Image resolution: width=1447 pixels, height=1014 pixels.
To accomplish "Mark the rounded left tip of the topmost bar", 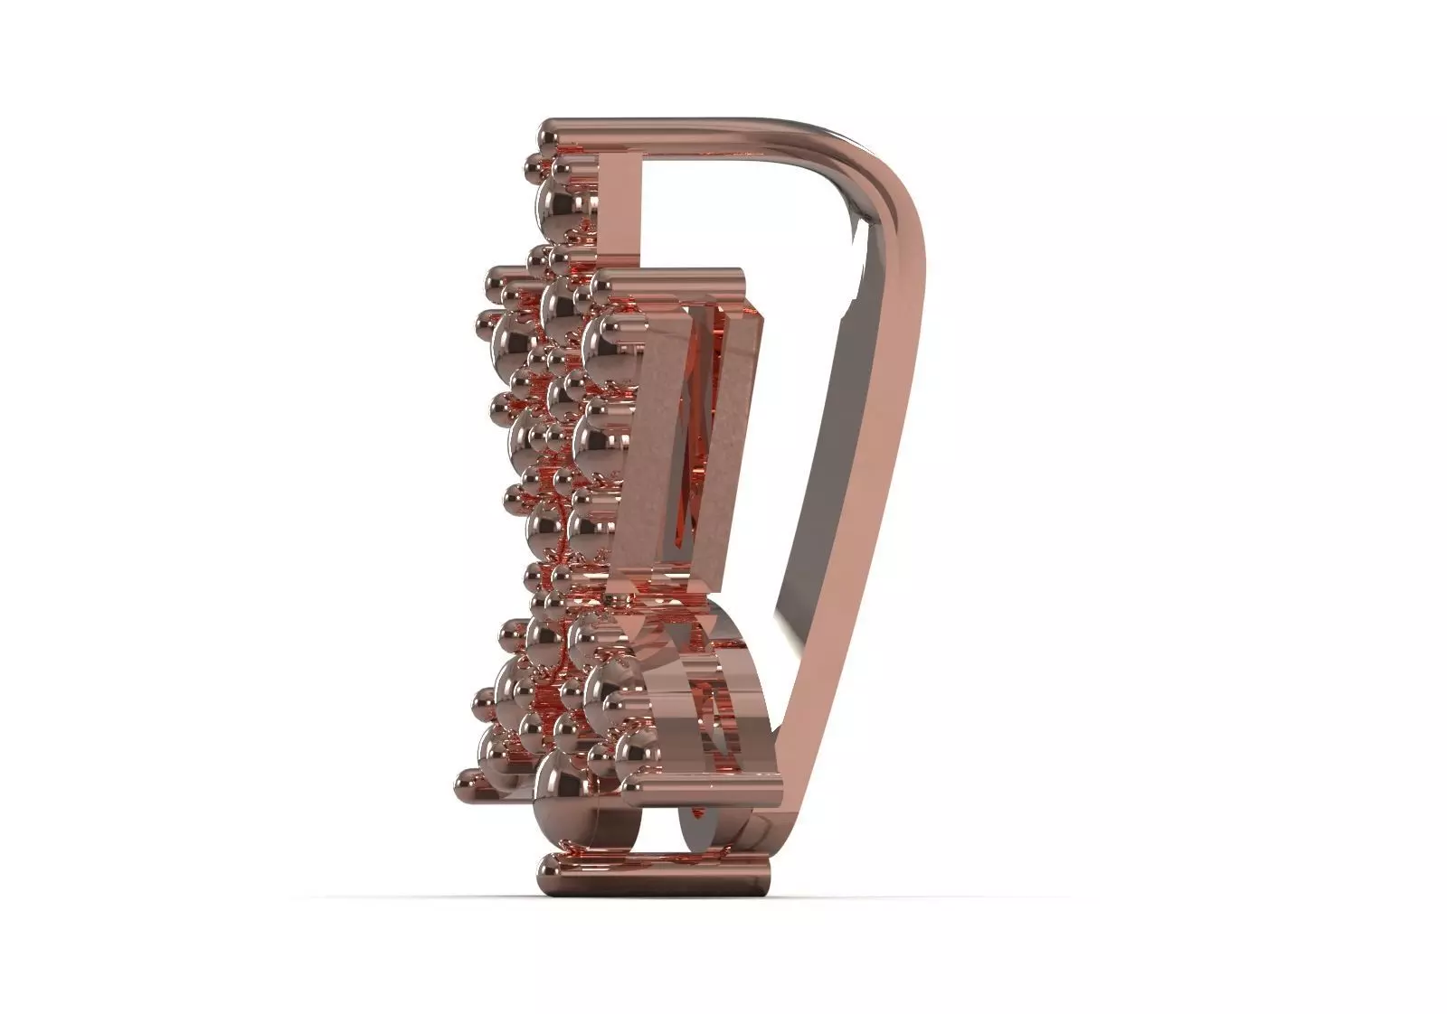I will pos(545,136).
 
